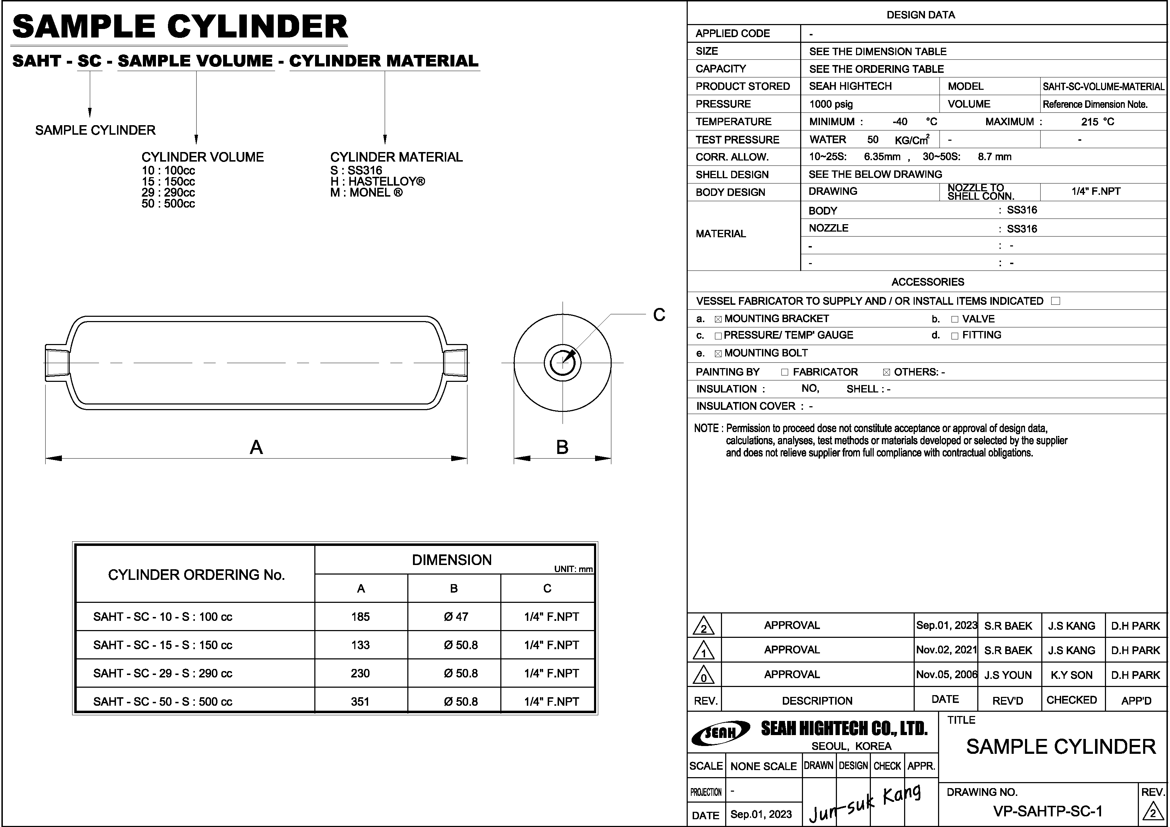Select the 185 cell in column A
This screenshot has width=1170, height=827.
(360, 617)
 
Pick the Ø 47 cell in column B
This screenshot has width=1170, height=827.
(455, 617)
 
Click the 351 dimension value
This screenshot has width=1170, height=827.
(360, 701)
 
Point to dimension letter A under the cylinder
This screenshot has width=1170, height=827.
(256, 447)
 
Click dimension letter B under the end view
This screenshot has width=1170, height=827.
(562, 447)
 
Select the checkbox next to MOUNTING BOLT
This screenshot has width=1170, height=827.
(718, 354)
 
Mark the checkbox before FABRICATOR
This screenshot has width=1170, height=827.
(784, 372)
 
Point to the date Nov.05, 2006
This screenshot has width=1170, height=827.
(946, 675)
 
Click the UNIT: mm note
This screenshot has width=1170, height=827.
(573, 569)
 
